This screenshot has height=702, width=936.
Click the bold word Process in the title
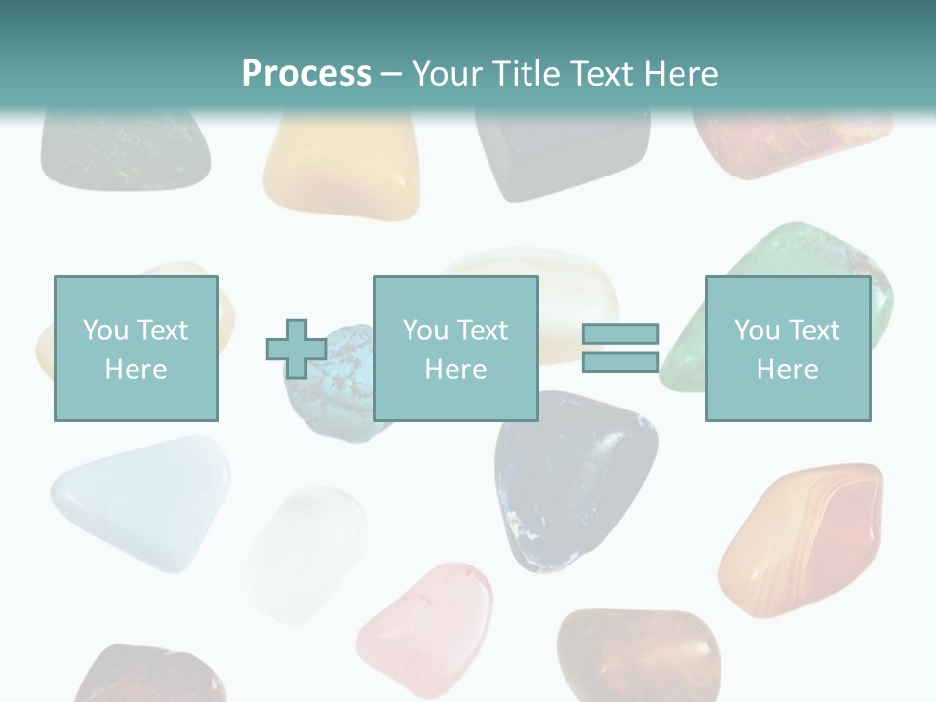[x=306, y=73]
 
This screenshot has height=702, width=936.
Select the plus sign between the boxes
[x=296, y=348]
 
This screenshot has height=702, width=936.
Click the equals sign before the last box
[x=620, y=348]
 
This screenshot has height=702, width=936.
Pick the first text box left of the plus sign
[x=136, y=348]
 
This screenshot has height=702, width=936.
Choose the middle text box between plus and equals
[x=455, y=348]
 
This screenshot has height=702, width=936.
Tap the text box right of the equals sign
[x=787, y=348]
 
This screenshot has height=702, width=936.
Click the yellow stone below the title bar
[x=341, y=166]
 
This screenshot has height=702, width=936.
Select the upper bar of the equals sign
[x=620, y=334]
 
